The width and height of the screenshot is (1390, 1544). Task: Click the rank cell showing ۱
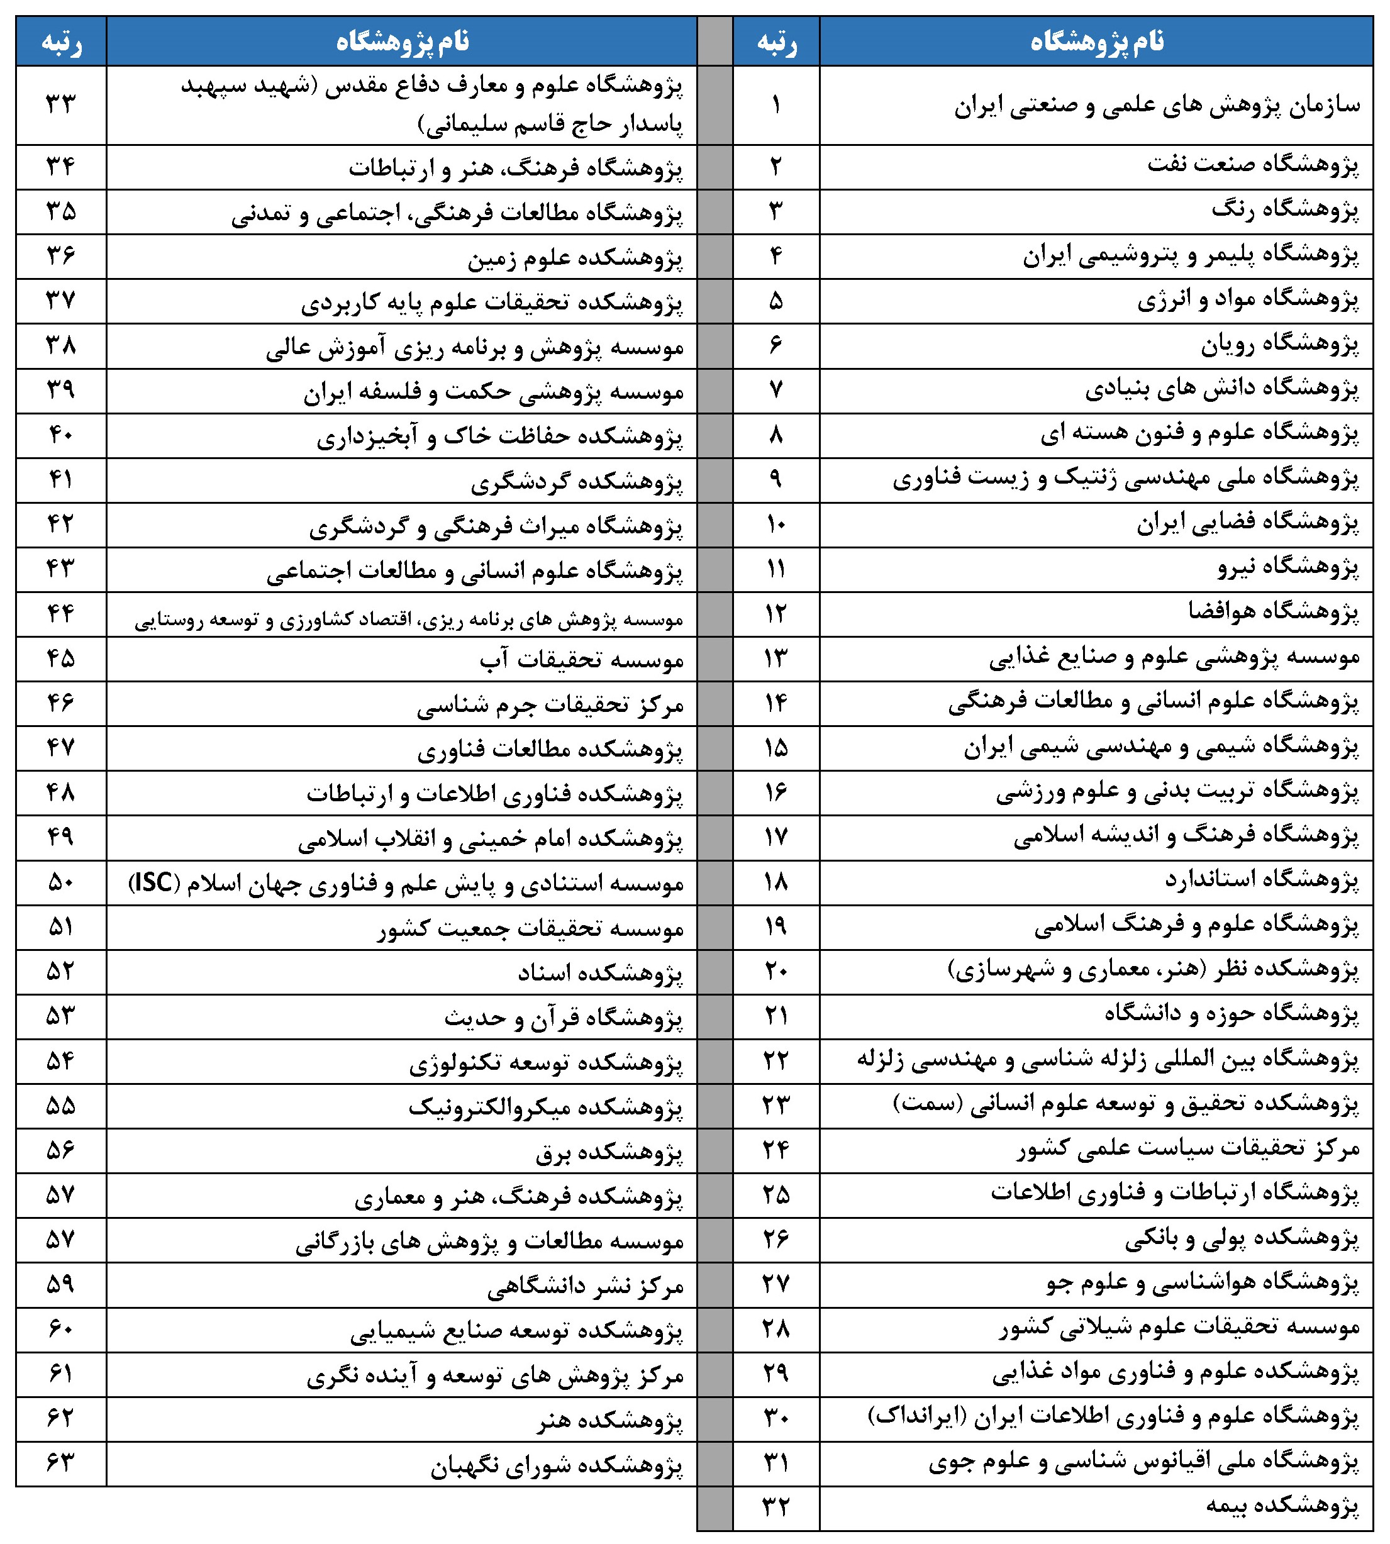776,104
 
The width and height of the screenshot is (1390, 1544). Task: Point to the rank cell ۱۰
776,524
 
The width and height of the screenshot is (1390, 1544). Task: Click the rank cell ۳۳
61,104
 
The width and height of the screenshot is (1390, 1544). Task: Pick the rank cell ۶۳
61,1463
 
